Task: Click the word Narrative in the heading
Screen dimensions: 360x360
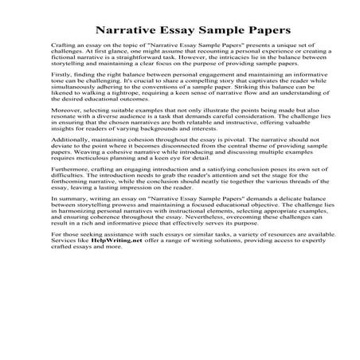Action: (x=128, y=30)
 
